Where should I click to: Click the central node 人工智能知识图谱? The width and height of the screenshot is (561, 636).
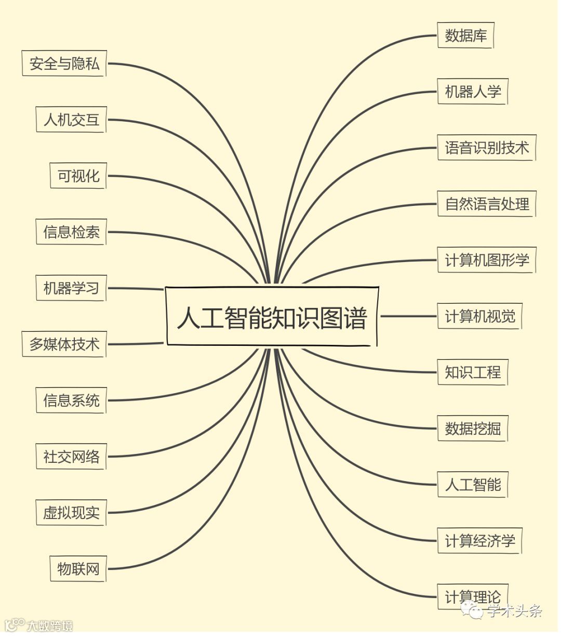(x=272, y=317)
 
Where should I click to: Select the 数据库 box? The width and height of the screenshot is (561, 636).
(x=465, y=35)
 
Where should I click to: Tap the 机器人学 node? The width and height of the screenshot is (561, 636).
(x=472, y=92)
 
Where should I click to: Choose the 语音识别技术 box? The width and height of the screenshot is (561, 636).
(x=486, y=148)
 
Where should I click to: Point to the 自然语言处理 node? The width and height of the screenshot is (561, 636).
(x=486, y=204)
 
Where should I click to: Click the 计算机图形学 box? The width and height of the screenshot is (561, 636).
(x=486, y=260)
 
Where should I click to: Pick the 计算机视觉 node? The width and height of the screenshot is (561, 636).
(x=479, y=316)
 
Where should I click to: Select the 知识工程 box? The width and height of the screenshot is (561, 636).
(x=472, y=372)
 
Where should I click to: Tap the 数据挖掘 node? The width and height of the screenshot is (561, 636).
(x=472, y=429)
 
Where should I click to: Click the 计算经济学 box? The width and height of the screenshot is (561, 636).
(x=479, y=541)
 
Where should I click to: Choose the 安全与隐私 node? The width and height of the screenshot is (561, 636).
(x=64, y=63)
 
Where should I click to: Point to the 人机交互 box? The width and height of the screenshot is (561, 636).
(x=71, y=120)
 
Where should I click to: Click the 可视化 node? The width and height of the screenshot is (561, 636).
(x=78, y=176)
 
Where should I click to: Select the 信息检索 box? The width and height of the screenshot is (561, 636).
(x=71, y=232)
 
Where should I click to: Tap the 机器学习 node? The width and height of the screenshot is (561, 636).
(x=71, y=288)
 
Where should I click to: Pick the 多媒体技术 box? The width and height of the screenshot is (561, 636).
(x=64, y=344)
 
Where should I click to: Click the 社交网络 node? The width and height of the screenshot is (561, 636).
(x=71, y=457)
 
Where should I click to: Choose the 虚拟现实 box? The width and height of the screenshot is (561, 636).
(x=71, y=513)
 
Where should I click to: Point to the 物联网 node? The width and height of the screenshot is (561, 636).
(x=78, y=569)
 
